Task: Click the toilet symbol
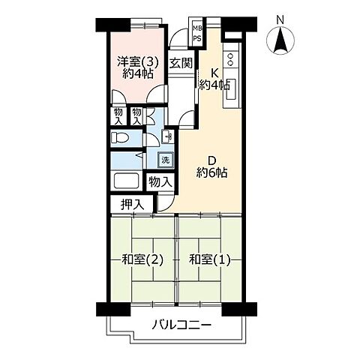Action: (119, 137)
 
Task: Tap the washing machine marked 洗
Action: (165, 160)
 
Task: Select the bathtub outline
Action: (127, 181)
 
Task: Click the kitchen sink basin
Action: (231, 89)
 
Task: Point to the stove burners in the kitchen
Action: (230, 59)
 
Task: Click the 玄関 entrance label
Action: (181, 63)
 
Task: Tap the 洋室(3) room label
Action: (138, 61)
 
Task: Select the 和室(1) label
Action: (209, 260)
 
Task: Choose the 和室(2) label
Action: (142, 260)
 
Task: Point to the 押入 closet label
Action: (133, 205)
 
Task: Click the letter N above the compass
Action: (280, 20)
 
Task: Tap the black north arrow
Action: (280, 40)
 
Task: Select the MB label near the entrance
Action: (198, 28)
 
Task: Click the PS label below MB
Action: (197, 40)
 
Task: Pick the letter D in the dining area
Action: (211, 160)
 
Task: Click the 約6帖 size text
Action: (211, 172)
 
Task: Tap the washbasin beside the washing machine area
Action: (168, 136)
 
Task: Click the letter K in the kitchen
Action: (215, 73)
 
